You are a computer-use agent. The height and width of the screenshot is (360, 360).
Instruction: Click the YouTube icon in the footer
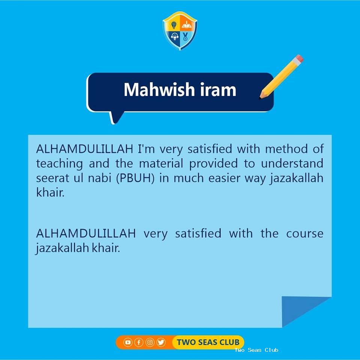(128, 342)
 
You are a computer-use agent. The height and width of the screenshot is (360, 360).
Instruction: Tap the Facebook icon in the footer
(139, 342)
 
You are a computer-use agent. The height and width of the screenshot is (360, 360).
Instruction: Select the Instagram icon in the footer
(150, 342)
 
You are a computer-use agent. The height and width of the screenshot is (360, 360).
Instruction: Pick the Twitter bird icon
(161, 342)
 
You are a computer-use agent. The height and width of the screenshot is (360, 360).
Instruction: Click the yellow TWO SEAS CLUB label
(208, 342)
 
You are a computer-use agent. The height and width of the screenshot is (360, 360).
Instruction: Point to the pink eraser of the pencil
(299, 59)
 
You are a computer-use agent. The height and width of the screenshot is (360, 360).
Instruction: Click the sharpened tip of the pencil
(261, 97)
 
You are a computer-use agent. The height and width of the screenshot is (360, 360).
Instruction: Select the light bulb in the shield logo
(174, 25)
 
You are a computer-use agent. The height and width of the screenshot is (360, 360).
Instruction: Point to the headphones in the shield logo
(175, 36)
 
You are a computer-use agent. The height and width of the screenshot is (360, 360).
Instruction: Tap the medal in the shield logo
(185, 36)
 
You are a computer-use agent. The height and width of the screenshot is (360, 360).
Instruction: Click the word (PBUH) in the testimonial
(135, 178)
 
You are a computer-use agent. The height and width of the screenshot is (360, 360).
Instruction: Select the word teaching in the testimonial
(60, 164)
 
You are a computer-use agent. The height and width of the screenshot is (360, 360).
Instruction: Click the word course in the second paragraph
(305, 234)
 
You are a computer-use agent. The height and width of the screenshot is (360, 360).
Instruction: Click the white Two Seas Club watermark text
(256, 350)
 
